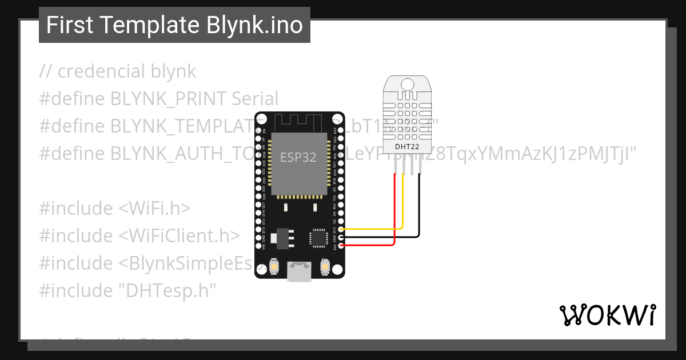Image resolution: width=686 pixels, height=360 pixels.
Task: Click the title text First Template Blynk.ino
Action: click(x=174, y=25)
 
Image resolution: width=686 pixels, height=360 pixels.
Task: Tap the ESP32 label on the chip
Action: click(x=298, y=158)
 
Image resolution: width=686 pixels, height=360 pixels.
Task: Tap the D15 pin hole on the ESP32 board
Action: click(x=341, y=229)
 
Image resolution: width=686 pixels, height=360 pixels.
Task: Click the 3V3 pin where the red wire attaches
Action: click(x=341, y=245)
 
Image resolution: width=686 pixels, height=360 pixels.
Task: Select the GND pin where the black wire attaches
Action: click(x=341, y=237)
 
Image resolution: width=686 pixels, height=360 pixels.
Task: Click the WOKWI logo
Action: click(x=607, y=315)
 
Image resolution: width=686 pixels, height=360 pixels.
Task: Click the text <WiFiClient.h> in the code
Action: click(x=179, y=236)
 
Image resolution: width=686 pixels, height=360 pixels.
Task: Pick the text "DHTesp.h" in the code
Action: click(x=166, y=291)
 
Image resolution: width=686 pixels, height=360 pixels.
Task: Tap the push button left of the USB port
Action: click(x=274, y=267)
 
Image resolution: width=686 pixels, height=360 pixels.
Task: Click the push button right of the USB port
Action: click(x=324, y=267)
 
